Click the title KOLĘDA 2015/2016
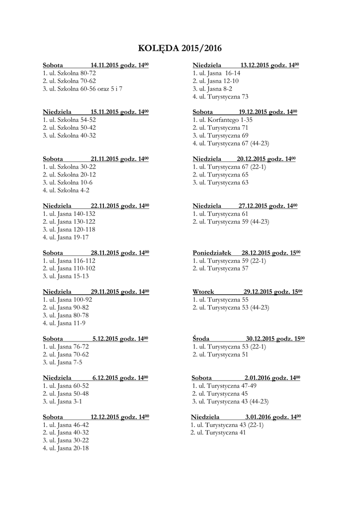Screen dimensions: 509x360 tap(180, 49)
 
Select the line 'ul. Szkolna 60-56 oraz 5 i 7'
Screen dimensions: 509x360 tap(85, 88)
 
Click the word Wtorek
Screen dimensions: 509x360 tap(202, 292)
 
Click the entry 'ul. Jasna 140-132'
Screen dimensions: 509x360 tap(72, 214)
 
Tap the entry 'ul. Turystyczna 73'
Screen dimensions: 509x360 tap(223, 96)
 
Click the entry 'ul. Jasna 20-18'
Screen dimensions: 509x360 tap(68, 448)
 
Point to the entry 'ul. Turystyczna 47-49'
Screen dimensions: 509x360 tap(227, 386)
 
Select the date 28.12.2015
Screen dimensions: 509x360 tap(259, 253)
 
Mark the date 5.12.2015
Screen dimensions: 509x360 tap(106, 339)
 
